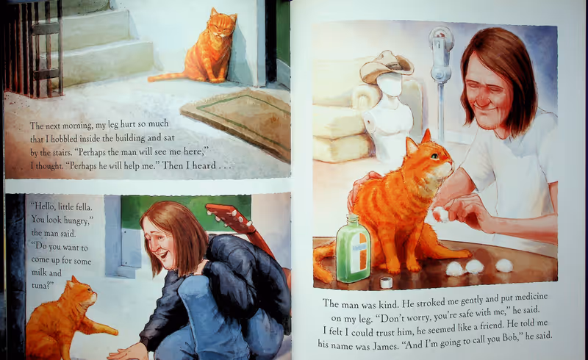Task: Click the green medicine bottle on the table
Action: coord(354,248)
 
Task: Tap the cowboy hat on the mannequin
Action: coord(387,66)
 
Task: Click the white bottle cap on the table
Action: coord(386,282)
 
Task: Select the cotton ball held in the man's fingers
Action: coord(441,214)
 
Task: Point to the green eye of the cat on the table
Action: coord(434,156)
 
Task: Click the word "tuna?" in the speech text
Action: coord(41,285)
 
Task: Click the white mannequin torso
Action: coord(390,120)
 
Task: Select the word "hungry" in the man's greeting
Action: coord(76,220)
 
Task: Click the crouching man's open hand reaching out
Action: coord(126,353)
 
